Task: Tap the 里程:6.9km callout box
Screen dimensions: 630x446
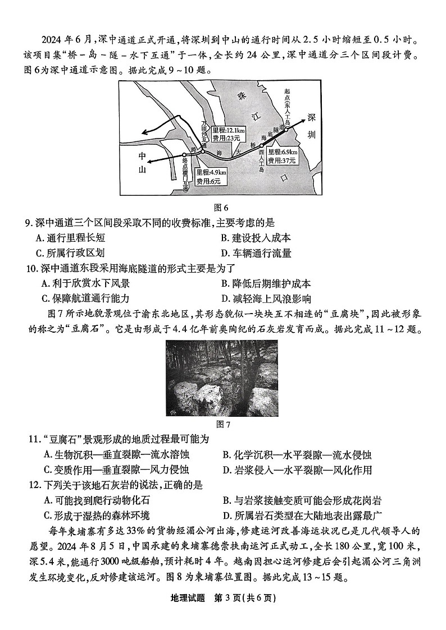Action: click(283, 155)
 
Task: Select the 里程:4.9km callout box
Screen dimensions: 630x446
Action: click(211, 176)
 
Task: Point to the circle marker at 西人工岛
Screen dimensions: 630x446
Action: click(261, 146)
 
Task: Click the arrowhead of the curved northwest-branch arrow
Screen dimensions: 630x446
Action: click(144, 132)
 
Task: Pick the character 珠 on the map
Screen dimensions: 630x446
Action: click(243, 96)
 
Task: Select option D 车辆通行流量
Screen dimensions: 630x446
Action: click(256, 254)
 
